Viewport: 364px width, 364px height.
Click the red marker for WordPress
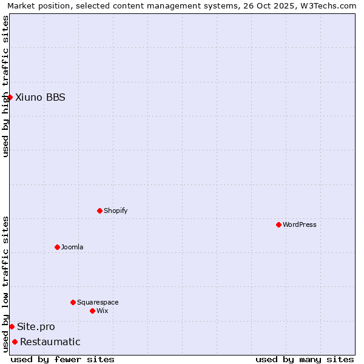(x=278, y=224)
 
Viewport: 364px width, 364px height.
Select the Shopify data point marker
(x=99, y=211)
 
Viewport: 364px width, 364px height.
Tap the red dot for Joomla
(x=57, y=247)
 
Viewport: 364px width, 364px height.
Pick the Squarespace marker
(x=73, y=302)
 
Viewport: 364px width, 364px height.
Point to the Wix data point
(x=92, y=311)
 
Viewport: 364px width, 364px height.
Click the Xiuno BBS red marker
(x=10, y=97)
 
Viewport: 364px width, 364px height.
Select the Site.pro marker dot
(x=12, y=326)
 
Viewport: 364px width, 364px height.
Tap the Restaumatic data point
(x=15, y=342)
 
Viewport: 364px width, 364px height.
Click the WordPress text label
(x=300, y=224)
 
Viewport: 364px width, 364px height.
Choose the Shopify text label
(x=116, y=211)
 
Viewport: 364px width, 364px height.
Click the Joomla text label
(x=72, y=247)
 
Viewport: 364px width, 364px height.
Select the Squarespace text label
(x=98, y=302)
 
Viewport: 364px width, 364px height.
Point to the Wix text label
(x=103, y=311)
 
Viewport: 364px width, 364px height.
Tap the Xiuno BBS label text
(x=41, y=97)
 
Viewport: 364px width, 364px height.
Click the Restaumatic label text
(x=50, y=342)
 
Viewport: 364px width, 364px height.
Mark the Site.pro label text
(x=36, y=326)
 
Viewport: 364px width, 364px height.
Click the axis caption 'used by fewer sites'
(x=62, y=359)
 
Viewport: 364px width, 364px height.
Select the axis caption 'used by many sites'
(x=305, y=359)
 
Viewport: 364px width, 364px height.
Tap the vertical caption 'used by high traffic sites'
(x=5, y=86)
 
